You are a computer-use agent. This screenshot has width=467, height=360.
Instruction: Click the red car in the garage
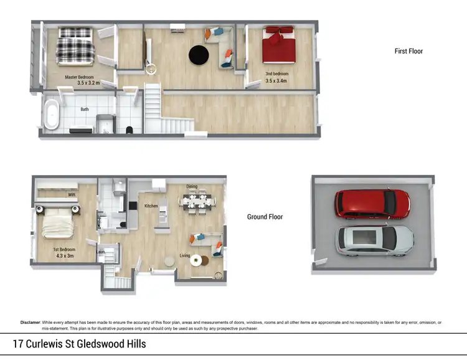[x=372, y=203]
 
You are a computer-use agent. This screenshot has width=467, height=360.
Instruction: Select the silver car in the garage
[x=375, y=240]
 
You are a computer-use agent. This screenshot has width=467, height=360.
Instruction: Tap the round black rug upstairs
[x=199, y=55]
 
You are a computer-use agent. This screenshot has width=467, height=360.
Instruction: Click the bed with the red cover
[x=278, y=44]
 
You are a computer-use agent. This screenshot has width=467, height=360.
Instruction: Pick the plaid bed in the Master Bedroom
[x=75, y=47]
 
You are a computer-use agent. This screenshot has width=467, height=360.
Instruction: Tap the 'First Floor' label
[x=408, y=51]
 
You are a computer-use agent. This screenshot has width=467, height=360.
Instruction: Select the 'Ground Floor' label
[x=265, y=217]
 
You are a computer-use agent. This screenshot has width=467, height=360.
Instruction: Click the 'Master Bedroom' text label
[x=79, y=77]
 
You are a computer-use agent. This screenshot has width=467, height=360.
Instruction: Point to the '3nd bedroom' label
[x=277, y=73]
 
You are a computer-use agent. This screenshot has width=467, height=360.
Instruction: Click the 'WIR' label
[x=72, y=195]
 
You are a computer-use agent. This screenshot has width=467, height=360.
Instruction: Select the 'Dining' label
[x=192, y=186]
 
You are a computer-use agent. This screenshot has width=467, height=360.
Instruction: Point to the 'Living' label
[x=185, y=255]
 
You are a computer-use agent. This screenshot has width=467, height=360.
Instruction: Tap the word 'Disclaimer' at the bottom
[x=30, y=322]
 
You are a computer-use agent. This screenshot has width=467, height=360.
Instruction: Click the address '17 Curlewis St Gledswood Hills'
[x=79, y=343]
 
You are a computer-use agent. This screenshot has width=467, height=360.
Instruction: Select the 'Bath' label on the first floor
[x=84, y=109]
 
